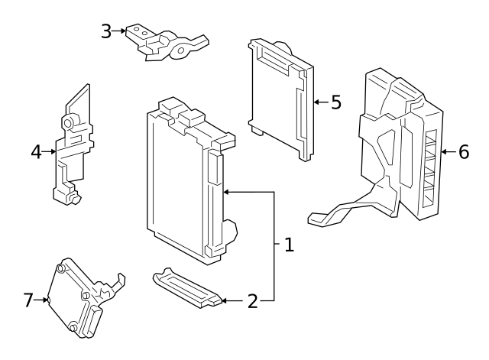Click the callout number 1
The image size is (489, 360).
pyautogui.click(x=288, y=245)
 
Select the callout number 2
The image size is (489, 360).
pyautogui.click(x=252, y=301)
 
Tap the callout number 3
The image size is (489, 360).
pyautogui.click(x=106, y=31)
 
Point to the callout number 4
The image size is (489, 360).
pyautogui.click(x=36, y=152)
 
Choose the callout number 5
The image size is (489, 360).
pyautogui.click(x=335, y=102)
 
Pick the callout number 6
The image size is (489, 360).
pyautogui.click(x=463, y=151)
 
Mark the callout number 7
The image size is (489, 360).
pyautogui.click(x=28, y=300)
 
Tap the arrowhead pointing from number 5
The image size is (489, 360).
pyautogui.click(x=316, y=102)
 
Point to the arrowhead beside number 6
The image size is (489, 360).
pyautogui.click(x=445, y=151)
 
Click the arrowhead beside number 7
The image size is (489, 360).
pyautogui.click(x=45, y=300)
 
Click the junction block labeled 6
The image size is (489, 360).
pyautogui.click(x=401, y=145)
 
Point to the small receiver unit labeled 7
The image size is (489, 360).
pyautogui.click(x=76, y=298)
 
